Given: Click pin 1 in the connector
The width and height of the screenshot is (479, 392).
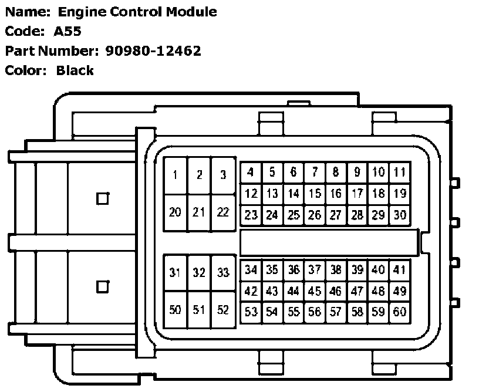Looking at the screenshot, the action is pos(175,175).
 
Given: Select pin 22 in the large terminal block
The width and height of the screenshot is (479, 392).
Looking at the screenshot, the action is pos(222,212).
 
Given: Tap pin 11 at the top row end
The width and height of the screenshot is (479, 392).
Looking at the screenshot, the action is pos(400,173).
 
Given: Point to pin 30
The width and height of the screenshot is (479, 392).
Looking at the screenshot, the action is pos(400,215).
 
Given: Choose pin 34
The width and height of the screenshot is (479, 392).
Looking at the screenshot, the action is pos(251,270).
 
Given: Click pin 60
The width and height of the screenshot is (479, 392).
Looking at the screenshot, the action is pos(400,312).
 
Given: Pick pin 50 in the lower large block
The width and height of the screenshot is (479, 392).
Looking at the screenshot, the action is pos(175,310).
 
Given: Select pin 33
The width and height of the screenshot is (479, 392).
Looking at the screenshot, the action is pos(222,272).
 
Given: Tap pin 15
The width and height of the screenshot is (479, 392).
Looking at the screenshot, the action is pos(315,194).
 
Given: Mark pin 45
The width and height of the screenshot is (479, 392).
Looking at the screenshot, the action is pos(315,291).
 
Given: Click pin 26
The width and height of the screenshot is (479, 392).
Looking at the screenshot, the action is pos(315,215).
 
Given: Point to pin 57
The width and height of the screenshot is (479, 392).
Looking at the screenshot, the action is pos(336,312).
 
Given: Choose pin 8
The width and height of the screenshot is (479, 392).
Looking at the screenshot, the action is pos(336,173).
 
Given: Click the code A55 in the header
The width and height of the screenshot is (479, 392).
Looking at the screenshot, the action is pos(68,31).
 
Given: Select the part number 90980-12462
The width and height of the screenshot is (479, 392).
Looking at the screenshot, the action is pos(153,51).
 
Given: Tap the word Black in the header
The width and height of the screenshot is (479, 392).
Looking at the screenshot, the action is pos(75,71).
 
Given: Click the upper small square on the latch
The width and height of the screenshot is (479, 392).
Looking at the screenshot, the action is pos(102,198).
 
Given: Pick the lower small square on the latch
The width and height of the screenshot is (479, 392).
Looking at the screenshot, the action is pos(102,286).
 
